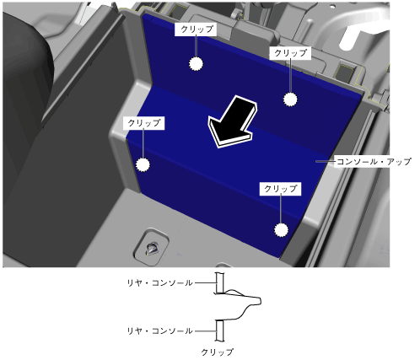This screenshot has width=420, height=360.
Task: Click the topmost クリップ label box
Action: pyautogui.click(x=196, y=30)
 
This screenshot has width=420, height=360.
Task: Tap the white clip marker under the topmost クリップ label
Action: pyautogui.click(x=196, y=64)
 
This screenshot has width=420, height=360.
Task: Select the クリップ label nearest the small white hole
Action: pyautogui.click(x=290, y=53)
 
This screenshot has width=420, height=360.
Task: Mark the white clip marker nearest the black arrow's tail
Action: pyautogui.click(x=290, y=99)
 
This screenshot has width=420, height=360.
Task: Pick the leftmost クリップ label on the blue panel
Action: pyautogui.click(x=143, y=123)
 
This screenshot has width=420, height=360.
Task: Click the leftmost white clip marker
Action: pyautogui.click(x=143, y=164)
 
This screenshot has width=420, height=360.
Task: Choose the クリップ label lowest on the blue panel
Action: pyautogui.click(x=280, y=189)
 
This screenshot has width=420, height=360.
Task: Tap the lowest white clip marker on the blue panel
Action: pyautogui.click(x=281, y=230)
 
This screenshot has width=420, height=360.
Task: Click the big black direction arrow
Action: pyautogui.click(x=232, y=122)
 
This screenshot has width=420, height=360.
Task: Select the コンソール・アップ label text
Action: pyautogui.click(x=374, y=162)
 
